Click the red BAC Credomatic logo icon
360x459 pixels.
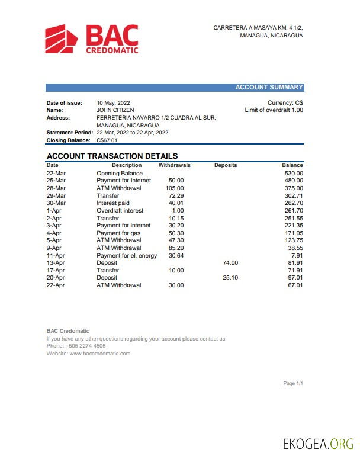pyautogui.click(x=62, y=38)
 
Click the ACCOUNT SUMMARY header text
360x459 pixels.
pyautogui.click(x=269, y=88)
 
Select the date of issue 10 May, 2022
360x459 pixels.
pyautogui.click(x=113, y=103)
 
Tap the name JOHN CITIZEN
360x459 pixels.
pyautogui.click(x=115, y=110)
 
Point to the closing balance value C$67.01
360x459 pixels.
pyautogui.click(x=107, y=140)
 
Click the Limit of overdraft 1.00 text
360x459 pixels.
pyautogui.click(x=274, y=110)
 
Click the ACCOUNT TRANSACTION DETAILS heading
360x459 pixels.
pyautogui.click(x=112, y=156)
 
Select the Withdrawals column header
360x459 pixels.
pyautogui.click(x=174, y=165)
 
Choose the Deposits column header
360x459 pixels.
pyautogui.click(x=226, y=165)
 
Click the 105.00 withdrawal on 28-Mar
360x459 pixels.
pyautogui.click(x=175, y=188)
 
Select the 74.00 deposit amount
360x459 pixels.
pyautogui.click(x=230, y=262)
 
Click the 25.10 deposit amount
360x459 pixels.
pyautogui.click(x=230, y=278)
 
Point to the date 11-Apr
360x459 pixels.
pyautogui.click(x=55, y=255)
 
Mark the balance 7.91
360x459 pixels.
pyautogui.click(x=297, y=255)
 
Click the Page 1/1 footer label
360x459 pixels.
pyautogui.click(x=293, y=384)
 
